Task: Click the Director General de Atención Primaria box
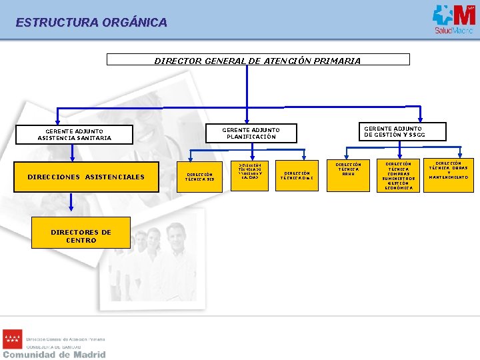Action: pyautogui.click(x=258, y=60)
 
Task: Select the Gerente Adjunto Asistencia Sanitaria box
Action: pyautogui.click(x=75, y=135)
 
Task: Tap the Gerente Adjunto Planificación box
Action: pyautogui.click(x=251, y=133)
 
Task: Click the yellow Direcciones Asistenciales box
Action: pyautogui.click(x=86, y=177)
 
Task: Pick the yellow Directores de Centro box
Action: pyautogui.click(x=81, y=236)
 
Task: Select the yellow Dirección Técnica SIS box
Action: pyautogui.click(x=200, y=177)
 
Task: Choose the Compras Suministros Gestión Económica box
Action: pyautogui.click(x=399, y=175)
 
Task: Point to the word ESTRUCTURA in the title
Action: pyautogui.click(x=57, y=23)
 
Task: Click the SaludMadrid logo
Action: pyautogui.click(x=453, y=19)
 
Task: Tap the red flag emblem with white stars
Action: pyautogui.click(x=13, y=339)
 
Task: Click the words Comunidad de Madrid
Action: pyautogui.click(x=54, y=355)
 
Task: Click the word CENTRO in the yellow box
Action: pyautogui.click(x=81, y=241)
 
